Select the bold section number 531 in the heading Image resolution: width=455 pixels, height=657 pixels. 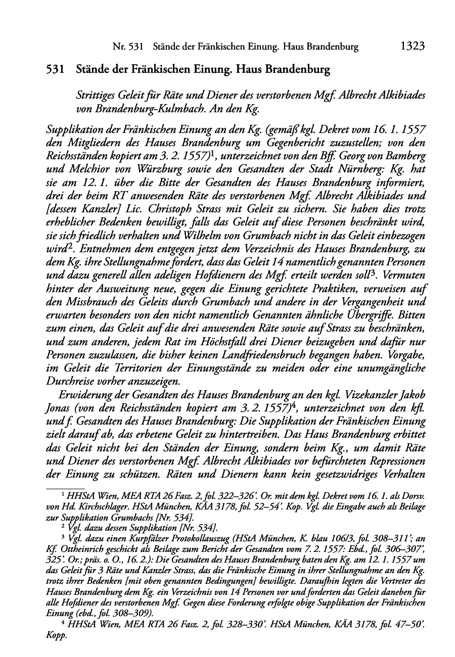pyautogui.click(x=55, y=70)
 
